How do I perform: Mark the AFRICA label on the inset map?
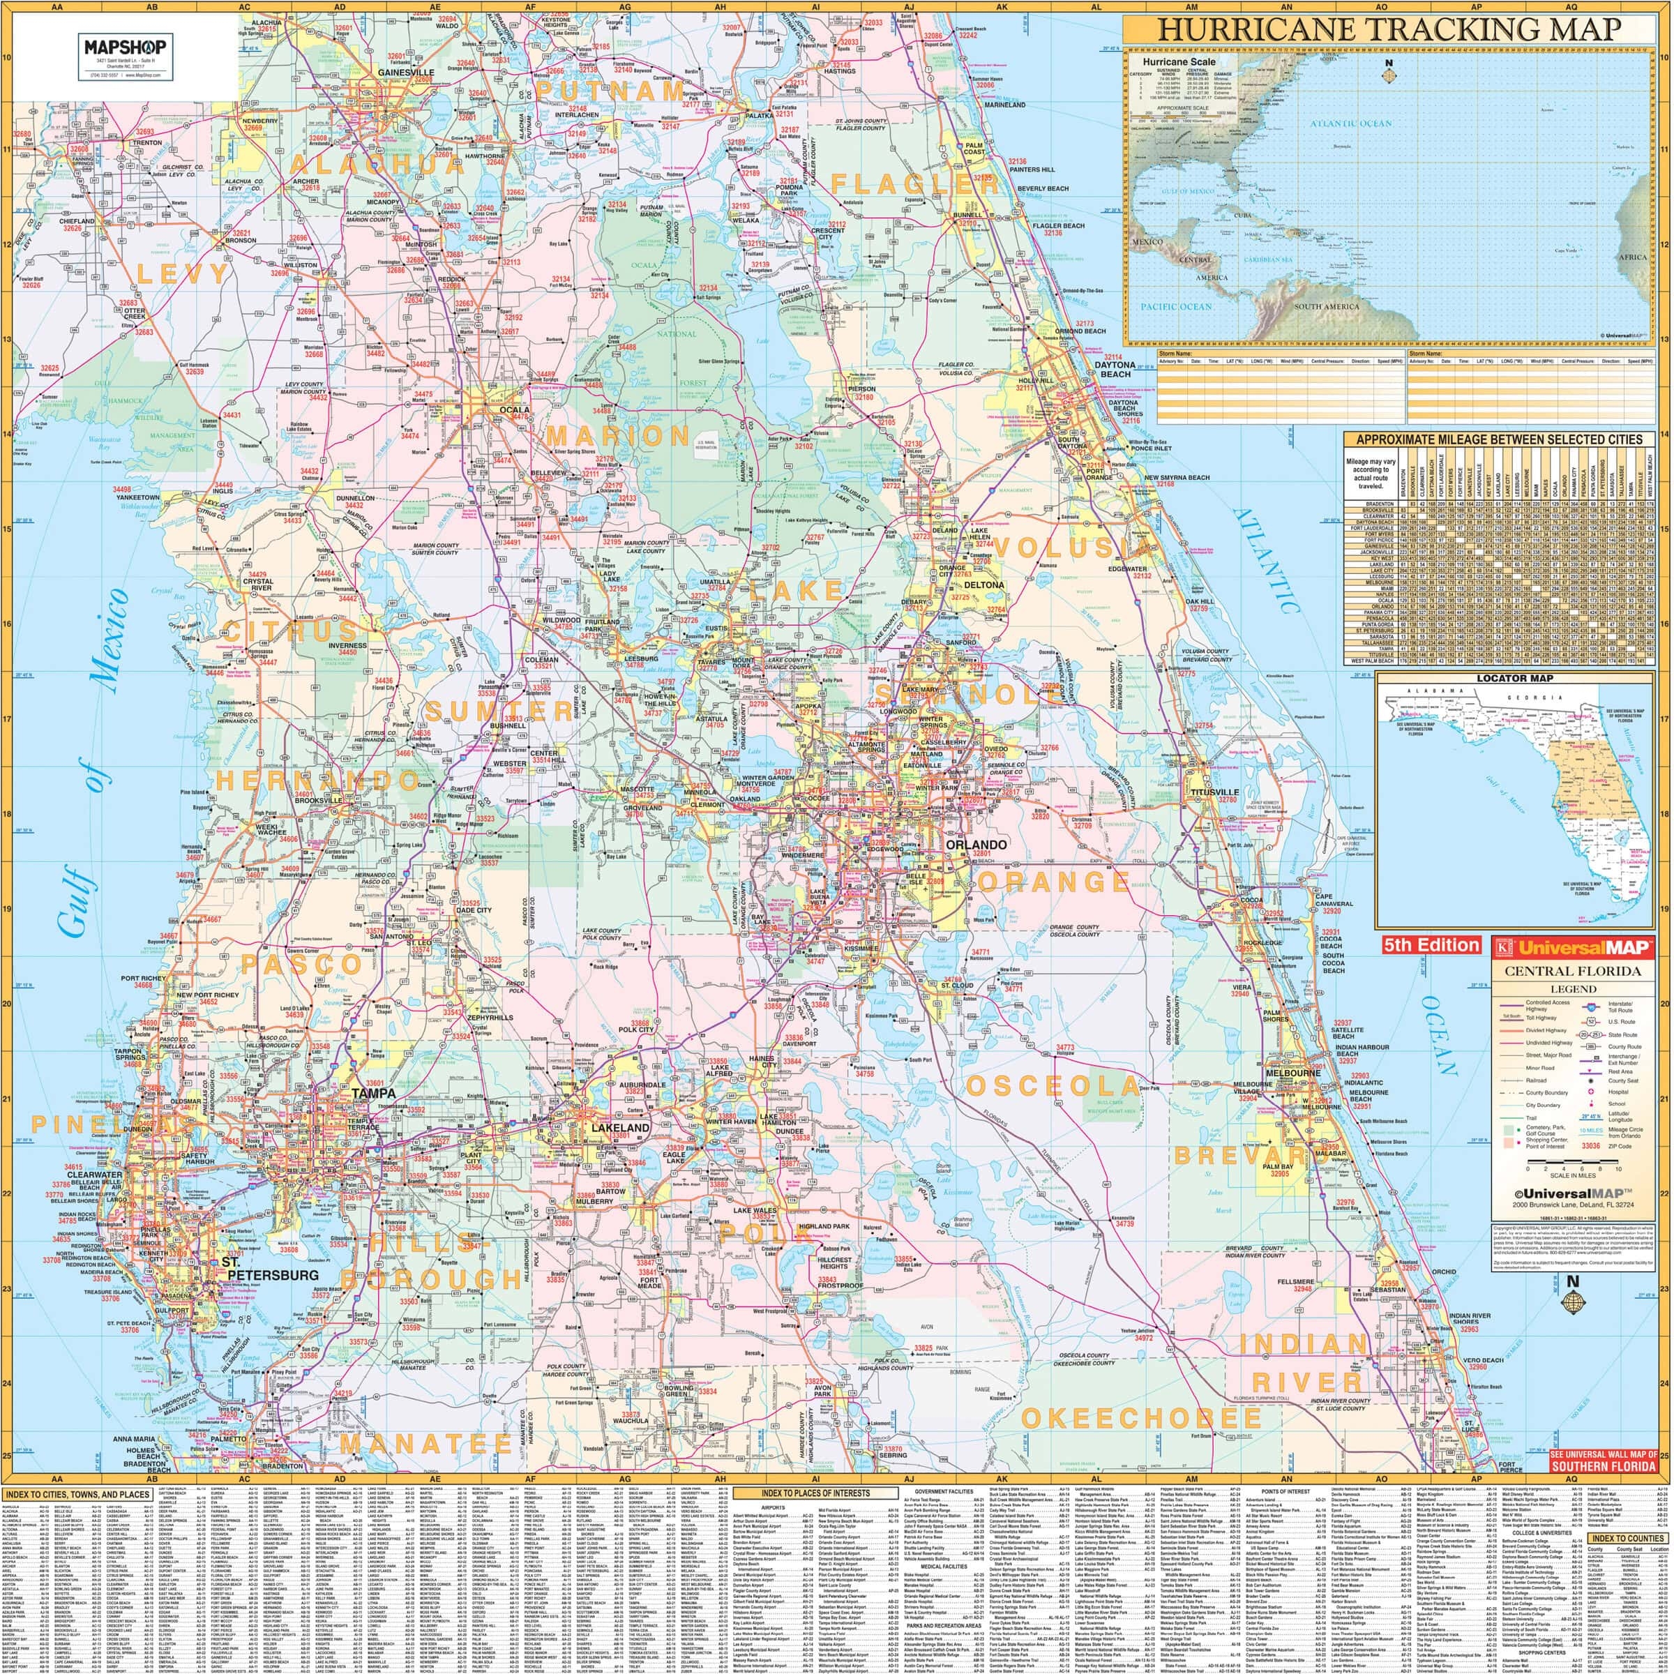[1631, 257]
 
